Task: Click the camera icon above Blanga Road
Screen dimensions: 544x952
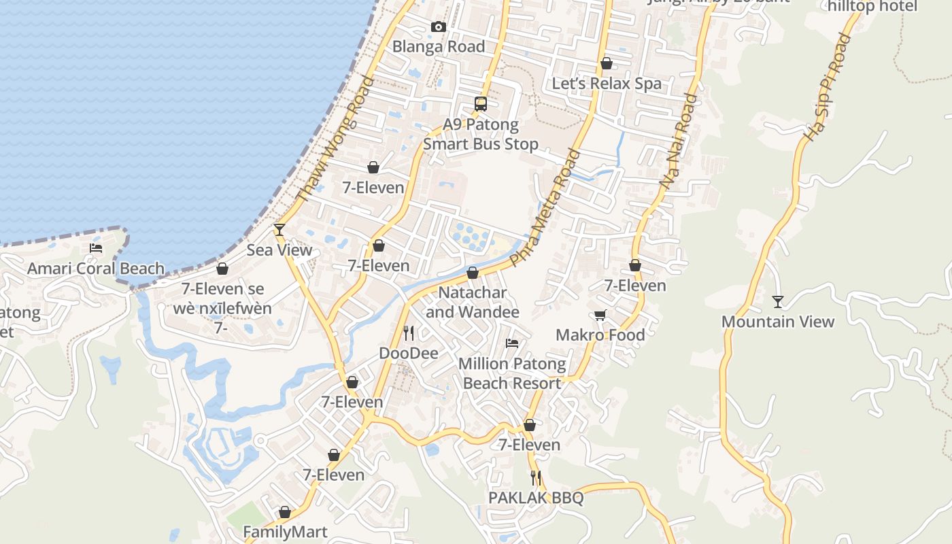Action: coord(439,27)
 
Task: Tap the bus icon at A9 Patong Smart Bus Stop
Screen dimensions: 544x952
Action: coord(481,104)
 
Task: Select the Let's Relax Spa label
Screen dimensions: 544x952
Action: coord(607,84)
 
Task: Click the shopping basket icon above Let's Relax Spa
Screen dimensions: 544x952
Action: coord(607,63)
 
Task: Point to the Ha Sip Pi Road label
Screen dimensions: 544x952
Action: coord(827,87)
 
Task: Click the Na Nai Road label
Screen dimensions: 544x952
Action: coord(679,141)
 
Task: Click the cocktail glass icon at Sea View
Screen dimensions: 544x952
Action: coord(279,229)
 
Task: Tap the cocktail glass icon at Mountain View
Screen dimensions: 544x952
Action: coord(778,301)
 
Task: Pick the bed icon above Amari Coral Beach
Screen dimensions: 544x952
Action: coord(96,248)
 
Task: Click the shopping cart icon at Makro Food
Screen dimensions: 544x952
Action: coord(600,315)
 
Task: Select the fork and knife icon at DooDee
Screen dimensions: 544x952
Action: coord(409,333)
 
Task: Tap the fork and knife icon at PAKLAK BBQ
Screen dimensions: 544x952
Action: coord(536,477)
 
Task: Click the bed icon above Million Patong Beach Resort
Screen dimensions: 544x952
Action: coord(512,343)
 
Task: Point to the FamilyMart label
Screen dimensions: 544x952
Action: coord(285,532)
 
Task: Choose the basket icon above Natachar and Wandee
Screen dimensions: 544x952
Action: coord(473,273)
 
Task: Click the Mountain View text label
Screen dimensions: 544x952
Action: coord(778,322)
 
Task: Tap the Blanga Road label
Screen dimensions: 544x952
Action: coord(439,47)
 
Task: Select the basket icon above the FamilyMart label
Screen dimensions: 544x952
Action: coord(285,511)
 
